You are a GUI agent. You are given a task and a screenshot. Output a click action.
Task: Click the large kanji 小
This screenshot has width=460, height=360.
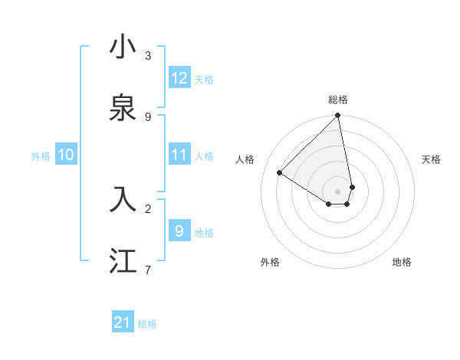(x=123, y=47)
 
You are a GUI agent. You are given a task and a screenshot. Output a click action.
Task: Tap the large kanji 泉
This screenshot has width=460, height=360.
(x=123, y=108)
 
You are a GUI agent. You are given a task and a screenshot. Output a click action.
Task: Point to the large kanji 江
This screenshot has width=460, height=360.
(x=123, y=260)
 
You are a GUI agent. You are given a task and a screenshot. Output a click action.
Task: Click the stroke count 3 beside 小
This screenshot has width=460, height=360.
(x=148, y=55)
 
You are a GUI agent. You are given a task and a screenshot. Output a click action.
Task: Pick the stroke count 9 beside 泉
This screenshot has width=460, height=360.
(x=148, y=116)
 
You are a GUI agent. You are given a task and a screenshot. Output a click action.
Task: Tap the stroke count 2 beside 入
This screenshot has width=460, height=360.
(x=148, y=208)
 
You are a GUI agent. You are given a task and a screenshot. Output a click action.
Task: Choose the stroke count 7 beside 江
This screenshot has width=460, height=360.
(x=148, y=269)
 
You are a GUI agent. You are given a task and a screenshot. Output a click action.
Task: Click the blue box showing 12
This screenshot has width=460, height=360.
(x=179, y=78)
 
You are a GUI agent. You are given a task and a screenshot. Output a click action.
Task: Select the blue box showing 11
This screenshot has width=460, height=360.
(x=179, y=155)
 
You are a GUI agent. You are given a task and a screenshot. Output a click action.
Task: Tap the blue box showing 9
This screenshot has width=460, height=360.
(x=179, y=231)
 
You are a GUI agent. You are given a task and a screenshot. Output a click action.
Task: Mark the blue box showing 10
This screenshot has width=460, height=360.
(x=66, y=155)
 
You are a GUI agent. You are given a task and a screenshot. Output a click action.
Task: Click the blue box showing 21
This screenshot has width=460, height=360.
(x=123, y=322)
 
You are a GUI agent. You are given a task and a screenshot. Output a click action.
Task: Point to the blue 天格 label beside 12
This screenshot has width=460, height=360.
(x=204, y=80)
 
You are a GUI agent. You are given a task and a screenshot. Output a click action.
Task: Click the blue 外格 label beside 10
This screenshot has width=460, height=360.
(x=41, y=156)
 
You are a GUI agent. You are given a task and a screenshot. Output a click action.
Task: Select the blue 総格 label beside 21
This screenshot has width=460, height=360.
(x=147, y=324)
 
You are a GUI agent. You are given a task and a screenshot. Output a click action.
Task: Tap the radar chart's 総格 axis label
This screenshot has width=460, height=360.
(x=338, y=100)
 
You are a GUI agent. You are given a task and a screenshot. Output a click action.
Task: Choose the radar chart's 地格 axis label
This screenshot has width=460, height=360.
(x=402, y=262)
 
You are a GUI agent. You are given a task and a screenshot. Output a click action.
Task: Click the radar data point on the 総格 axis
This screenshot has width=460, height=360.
(x=338, y=116)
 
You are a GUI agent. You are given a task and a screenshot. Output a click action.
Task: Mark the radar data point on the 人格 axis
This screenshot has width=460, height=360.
(x=280, y=173)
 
